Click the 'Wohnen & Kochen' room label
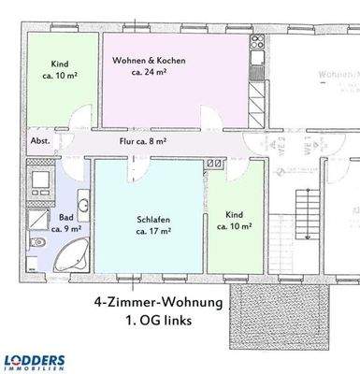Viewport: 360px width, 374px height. [x=150, y=61]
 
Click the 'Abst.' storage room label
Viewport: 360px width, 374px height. [x=41, y=142]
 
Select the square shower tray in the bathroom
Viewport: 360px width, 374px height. [x=37, y=220]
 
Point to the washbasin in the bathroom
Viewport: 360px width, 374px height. [x=83, y=204]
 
